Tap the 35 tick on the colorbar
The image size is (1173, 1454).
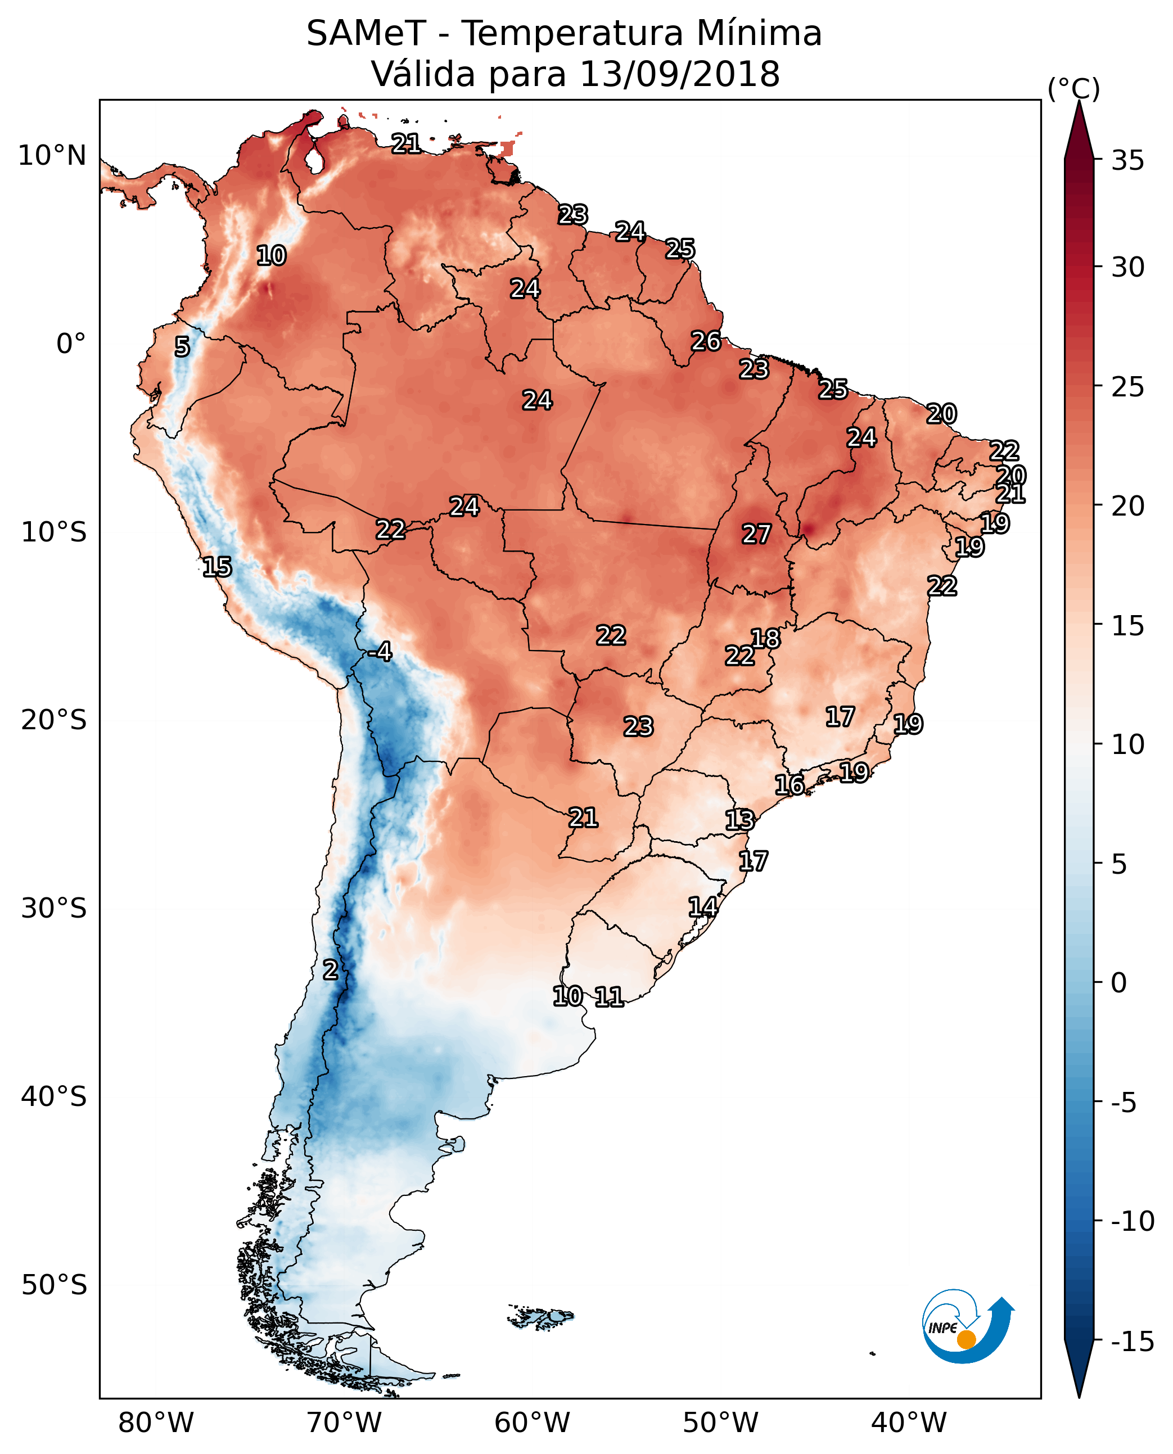[x=1127, y=161]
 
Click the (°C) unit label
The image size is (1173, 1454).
[x=1073, y=88]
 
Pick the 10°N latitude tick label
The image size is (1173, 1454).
[x=52, y=156]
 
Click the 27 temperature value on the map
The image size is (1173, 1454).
[x=756, y=535]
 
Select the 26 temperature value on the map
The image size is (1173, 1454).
[x=705, y=341]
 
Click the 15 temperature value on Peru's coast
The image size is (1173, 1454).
[x=217, y=567]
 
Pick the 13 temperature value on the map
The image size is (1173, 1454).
[x=739, y=820]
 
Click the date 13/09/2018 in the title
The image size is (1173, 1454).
[x=680, y=74]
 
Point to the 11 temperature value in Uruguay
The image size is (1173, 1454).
[x=609, y=996]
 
